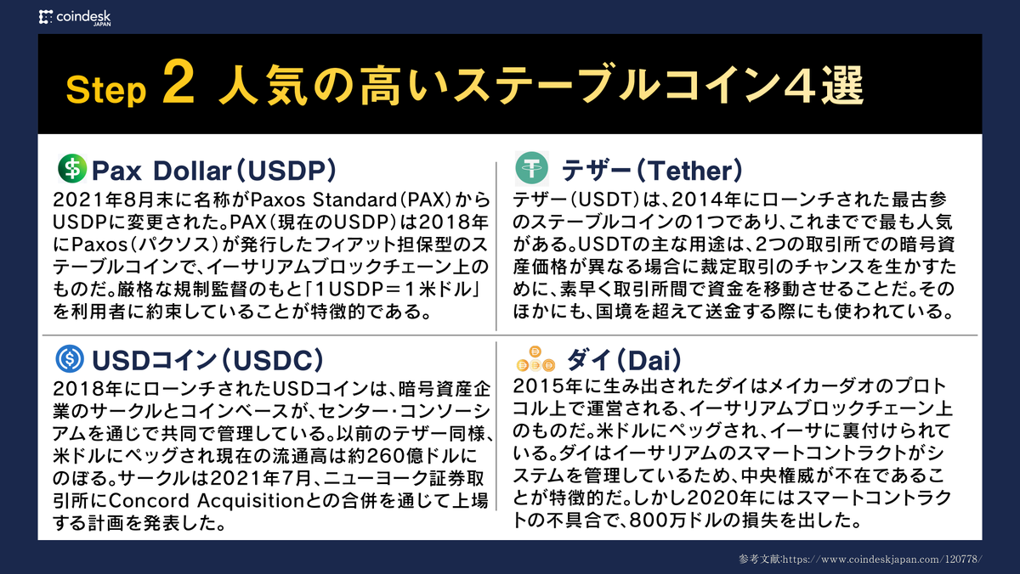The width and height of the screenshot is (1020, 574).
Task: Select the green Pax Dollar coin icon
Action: [71, 169]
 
